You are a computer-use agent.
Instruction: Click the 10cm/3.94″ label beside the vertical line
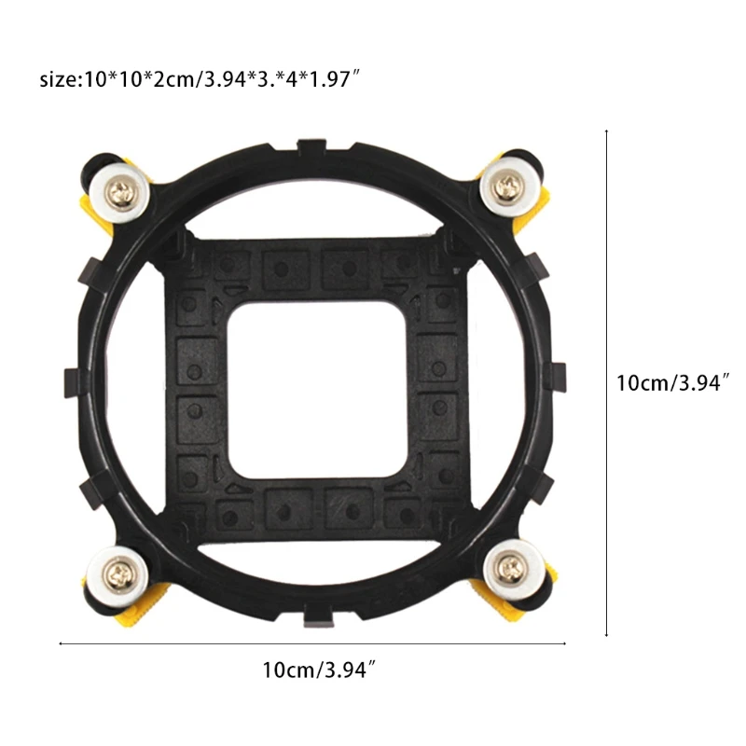(x=670, y=382)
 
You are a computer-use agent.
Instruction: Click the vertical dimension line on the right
(x=607, y=382)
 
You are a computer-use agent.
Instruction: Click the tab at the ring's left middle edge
(x=72, y=382)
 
